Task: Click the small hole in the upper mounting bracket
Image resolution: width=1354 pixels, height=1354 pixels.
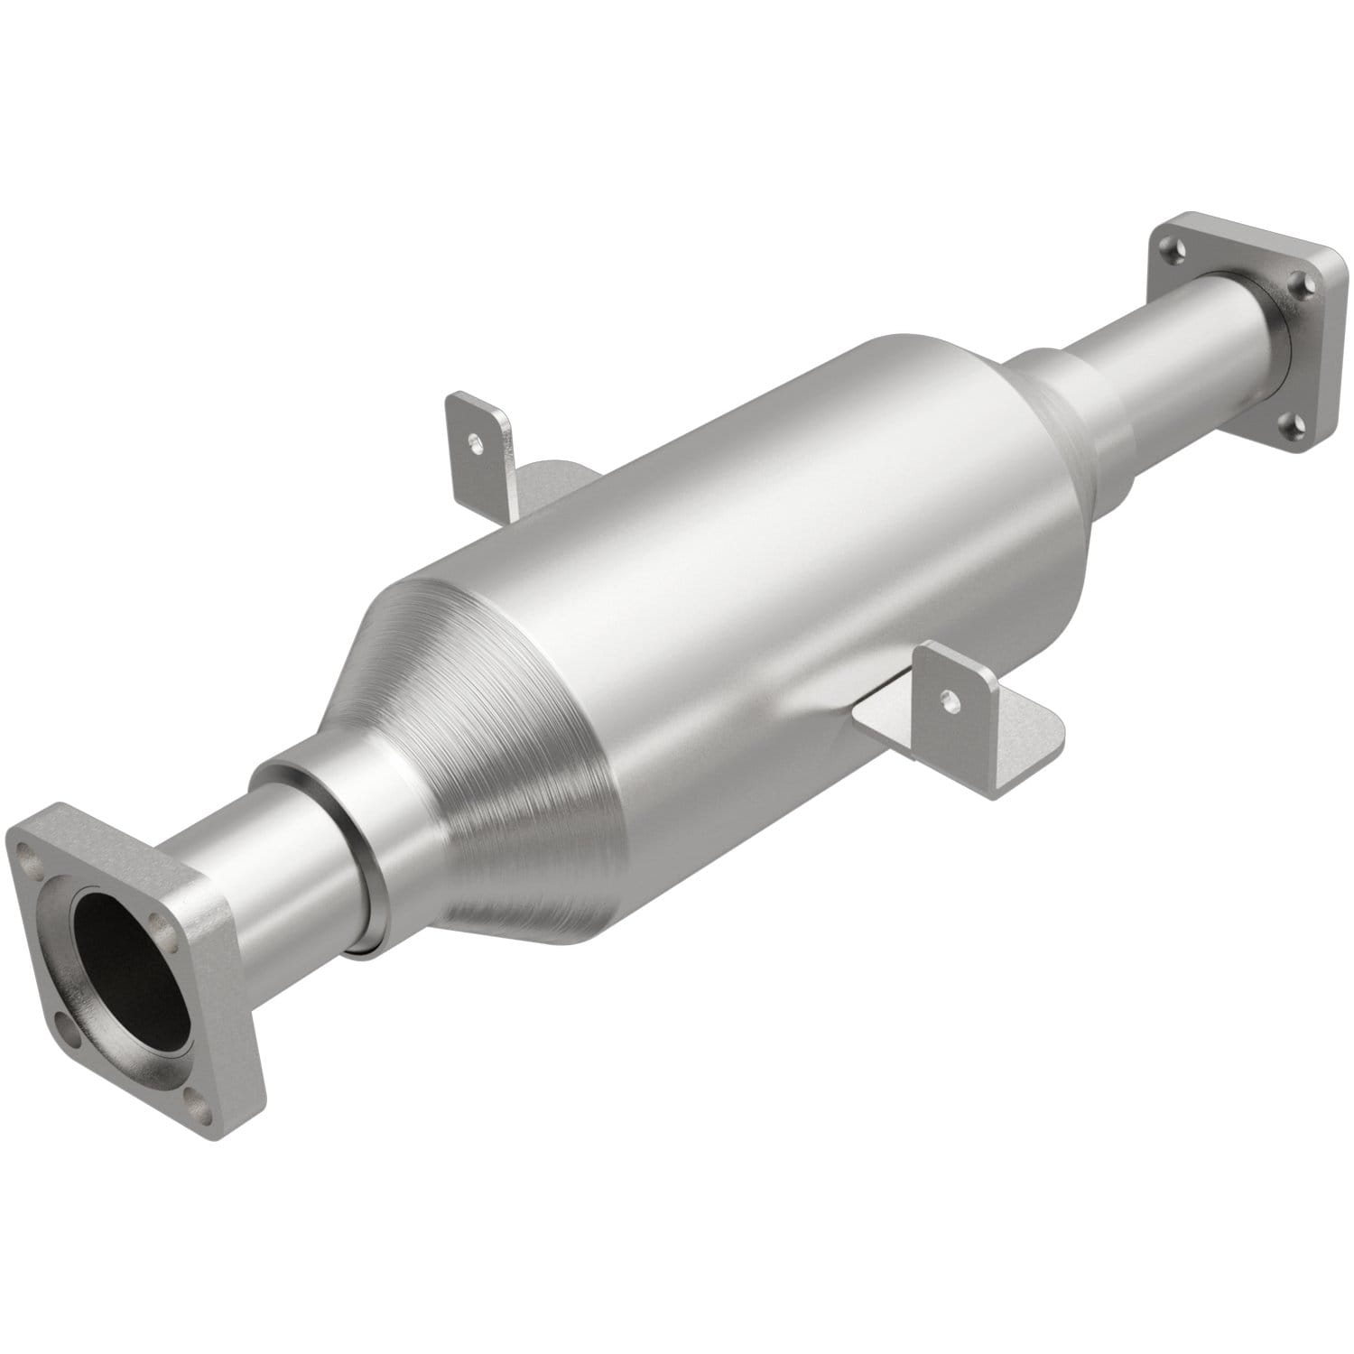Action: click(473, 441)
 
